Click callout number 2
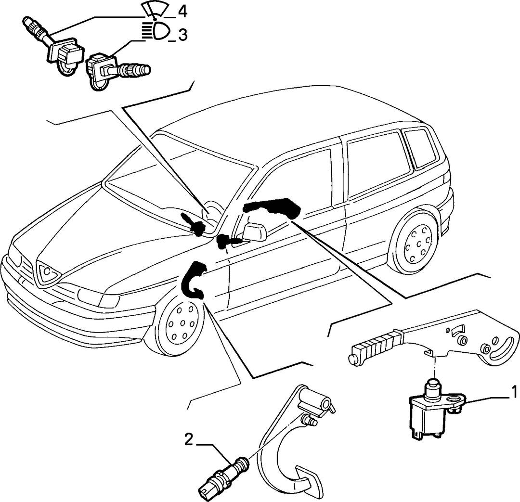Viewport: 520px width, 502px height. pos(189,440)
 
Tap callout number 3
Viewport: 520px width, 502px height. pos(183,35)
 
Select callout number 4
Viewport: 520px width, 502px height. pos(182,12)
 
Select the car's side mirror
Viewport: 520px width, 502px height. pos(255,231)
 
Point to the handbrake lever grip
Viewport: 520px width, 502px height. pos(374,348)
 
